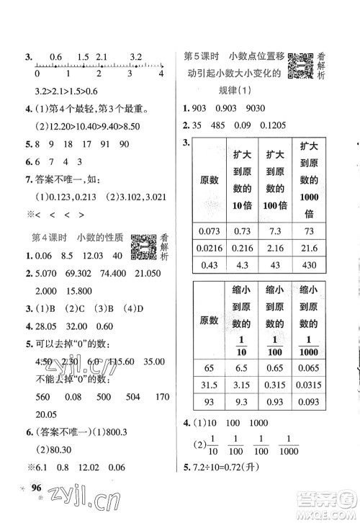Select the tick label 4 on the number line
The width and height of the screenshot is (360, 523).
click(161, 74)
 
